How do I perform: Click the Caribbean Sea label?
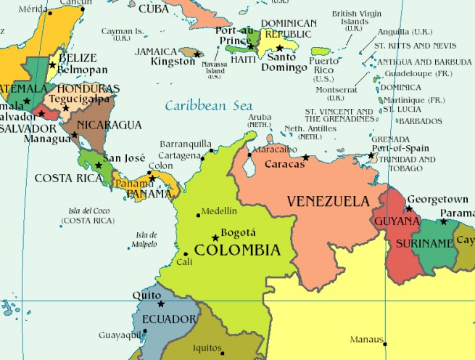tap(208, 105)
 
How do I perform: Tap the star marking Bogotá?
tap(215, 238)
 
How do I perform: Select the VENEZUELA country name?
tap(328, 200)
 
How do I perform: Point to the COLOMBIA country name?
tap(237, 250)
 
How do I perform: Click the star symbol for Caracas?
tap(306, 157)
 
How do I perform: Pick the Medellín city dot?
tap(199, 214)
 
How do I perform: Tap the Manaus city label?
tap(366, 339)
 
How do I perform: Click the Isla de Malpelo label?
tap(146, 240)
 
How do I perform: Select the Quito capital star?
tap(161, 303)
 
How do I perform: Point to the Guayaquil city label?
tap(120, 335)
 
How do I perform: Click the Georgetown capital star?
tap(409, 209)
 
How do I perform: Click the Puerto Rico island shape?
tap(321, 52)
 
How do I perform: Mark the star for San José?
tap(99, 165)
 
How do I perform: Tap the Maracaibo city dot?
tap(249, 154)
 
